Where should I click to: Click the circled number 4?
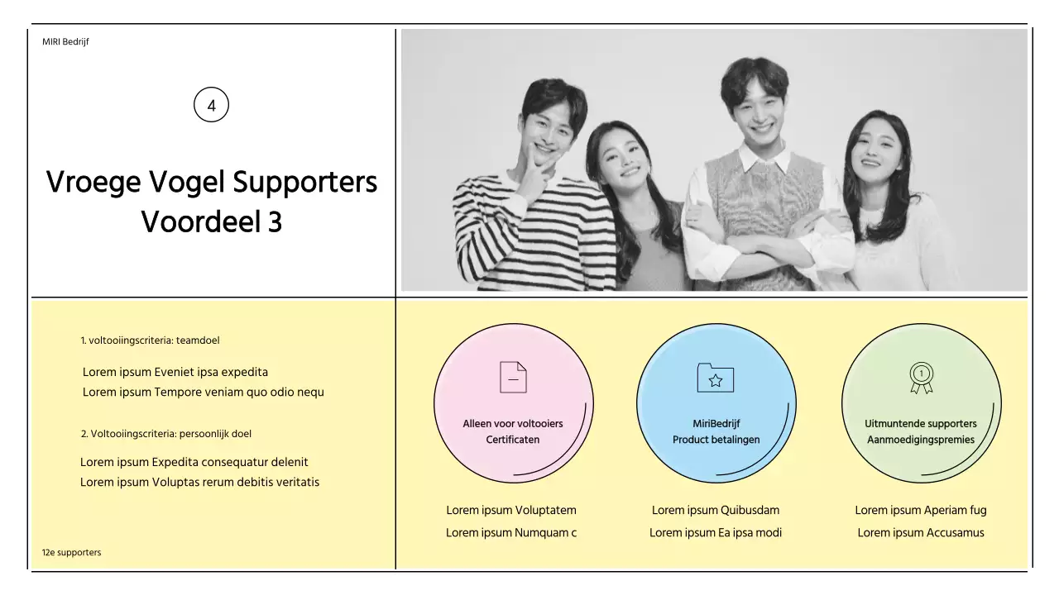coord(211,106)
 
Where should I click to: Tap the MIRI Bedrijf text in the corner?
coord(65,42)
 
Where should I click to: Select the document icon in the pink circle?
coord(513,377)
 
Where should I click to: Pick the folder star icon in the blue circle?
coord(716,378)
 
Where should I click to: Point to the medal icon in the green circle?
coord(921,378)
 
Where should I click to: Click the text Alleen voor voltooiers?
coord(513,424)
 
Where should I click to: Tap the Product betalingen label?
coord(716,440)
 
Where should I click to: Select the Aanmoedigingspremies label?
coord(921,440)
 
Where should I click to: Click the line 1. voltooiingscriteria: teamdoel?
coord(150,340)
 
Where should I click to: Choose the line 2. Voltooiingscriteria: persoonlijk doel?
coord(166,434)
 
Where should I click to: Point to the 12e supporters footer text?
coord(72,552)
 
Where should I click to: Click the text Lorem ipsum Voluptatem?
coord(511,510)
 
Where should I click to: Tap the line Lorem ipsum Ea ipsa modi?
coord(716,532)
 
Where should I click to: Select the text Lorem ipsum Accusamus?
coord(921,532)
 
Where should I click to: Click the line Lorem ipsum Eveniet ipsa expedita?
coord(175,372)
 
